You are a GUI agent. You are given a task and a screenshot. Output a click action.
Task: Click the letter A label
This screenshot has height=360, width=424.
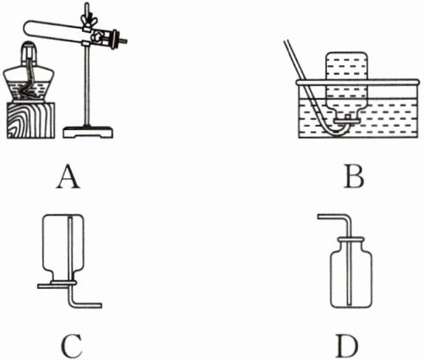(x=68, y=177)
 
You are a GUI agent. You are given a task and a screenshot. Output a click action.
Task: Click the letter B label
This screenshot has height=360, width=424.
(x=354, y=177)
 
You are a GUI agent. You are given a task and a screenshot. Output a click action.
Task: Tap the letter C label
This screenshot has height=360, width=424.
(x=72, y=346)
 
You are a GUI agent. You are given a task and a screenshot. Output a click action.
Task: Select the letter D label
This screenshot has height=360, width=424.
(x=348, y=346)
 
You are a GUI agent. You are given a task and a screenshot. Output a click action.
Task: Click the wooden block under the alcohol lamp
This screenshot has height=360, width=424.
(x=30, y=120)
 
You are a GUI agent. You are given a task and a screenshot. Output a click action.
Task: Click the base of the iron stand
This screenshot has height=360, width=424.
(x=88, y=132)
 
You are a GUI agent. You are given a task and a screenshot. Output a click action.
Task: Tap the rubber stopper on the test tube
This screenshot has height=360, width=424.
(x=115, y=40)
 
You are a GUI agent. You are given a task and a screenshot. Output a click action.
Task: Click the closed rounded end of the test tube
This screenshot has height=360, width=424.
(x=26, y=28)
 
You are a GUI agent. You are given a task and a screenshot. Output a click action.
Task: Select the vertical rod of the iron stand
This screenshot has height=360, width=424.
(x=87, y=85)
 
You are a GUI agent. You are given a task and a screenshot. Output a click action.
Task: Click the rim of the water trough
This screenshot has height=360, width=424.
(x=358, y=82)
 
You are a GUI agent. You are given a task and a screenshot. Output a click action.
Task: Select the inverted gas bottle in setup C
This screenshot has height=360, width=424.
(x=63, y=248)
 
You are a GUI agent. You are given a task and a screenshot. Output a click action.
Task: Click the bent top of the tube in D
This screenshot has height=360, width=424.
(x=348, y=218)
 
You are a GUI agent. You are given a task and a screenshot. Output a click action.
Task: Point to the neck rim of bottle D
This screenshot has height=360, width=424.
(x=351, y=240)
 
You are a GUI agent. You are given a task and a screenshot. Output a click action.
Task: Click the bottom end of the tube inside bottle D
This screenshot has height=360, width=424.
(x=349, y=304)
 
